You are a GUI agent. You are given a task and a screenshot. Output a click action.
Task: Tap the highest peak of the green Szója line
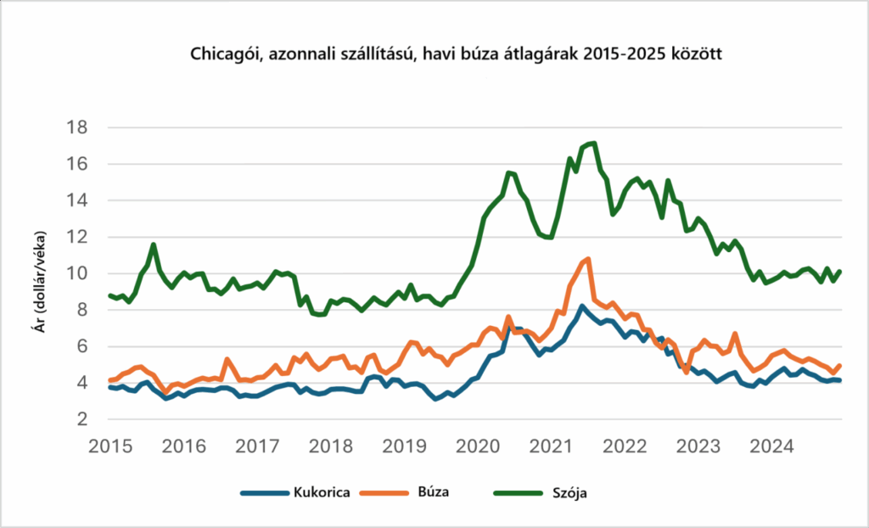click(x=594, y=143)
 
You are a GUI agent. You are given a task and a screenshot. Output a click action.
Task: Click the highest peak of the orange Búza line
click(x=587, y=259)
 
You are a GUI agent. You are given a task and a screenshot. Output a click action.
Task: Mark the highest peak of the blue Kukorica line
click(x=581, y=306)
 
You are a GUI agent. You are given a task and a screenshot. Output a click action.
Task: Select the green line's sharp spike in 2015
click(x=154, y=244)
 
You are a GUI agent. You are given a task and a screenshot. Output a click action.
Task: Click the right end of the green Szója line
click(x=839, y=272)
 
